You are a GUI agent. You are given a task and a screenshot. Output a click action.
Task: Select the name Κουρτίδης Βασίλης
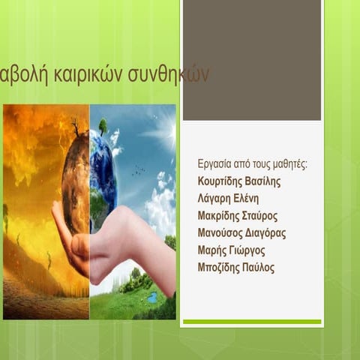coord(240,181)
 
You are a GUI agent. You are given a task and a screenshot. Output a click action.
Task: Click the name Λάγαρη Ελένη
coord(228,199)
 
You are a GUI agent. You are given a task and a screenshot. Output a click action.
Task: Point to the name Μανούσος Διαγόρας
coord(241,233)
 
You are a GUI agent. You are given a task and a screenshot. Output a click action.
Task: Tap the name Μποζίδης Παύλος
coord(235,268)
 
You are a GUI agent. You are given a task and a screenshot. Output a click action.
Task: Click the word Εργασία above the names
coord(214,164)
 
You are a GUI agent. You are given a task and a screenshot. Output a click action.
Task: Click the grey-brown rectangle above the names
coord(252,60)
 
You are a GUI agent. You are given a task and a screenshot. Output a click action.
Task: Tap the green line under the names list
coord(252,322)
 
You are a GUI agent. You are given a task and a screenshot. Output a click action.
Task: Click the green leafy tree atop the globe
coord(102,125)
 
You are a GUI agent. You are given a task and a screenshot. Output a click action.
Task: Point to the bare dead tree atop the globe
coord(76,125)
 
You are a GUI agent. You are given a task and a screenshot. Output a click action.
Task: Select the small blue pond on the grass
coord(153,297)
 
